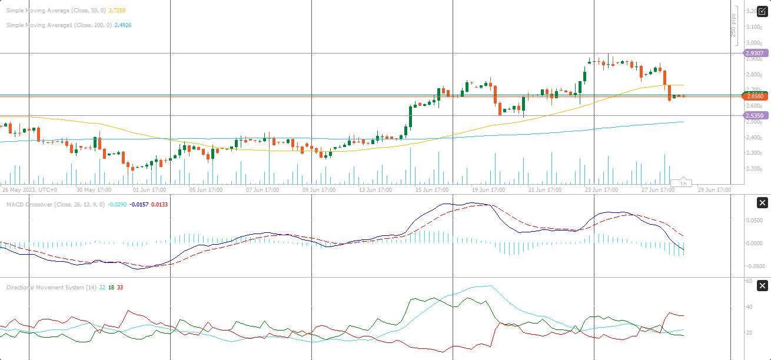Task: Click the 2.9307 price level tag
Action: point(755,53)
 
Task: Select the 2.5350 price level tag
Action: point(755,116)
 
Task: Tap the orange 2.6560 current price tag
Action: point(755,96)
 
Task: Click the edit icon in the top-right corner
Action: point(762,11)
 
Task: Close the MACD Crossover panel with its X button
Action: point(762,203)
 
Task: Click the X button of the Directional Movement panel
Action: point(762,286)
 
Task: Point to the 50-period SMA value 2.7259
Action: point(118,11)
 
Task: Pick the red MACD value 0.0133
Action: point(159,205)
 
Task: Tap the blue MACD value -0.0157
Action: point(139,205)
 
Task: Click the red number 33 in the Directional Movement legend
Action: point(120,287)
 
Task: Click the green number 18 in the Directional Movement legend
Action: point(111,287)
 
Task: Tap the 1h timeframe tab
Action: point(684,184)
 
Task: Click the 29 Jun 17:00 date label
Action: point(714,190)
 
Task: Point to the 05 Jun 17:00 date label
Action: point(205,190)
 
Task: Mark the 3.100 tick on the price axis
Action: point(755,27)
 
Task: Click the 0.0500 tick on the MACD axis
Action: point(755,220)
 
